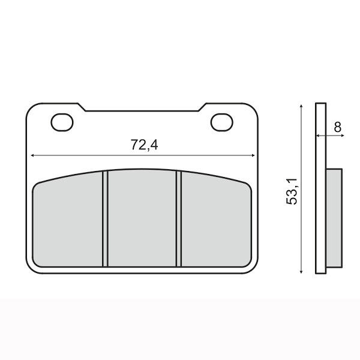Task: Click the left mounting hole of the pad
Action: tap(62, 122)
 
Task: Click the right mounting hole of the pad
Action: tap(222, 122)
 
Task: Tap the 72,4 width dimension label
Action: tap(145, 145)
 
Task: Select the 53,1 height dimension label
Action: tap(292, 191)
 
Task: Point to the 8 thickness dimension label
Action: tap(337, 127)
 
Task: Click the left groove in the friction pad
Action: tap(105, 219)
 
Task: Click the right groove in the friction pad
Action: tap(179, 219)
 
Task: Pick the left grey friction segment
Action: tap(68, 220)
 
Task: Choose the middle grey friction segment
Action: tap(142, 218)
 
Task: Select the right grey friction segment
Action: tap(216, 220)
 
